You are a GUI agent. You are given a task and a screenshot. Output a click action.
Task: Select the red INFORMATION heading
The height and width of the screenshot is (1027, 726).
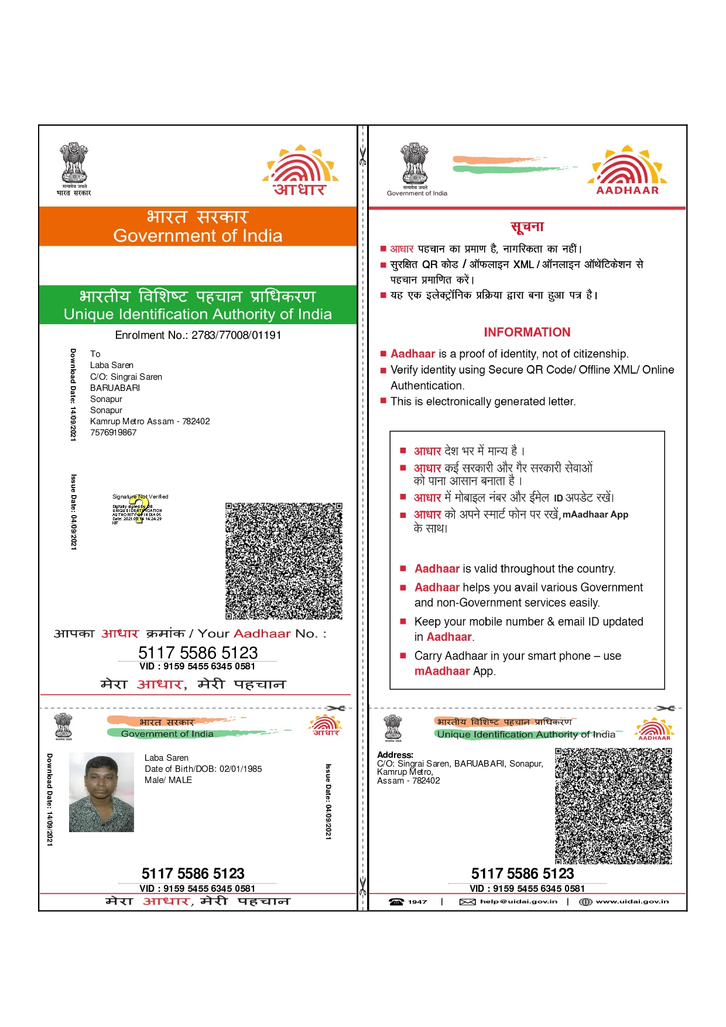527,332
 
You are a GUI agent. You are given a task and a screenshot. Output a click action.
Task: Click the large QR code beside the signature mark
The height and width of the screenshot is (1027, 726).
284,561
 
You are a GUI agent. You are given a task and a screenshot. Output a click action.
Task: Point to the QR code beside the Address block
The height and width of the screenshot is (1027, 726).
613,806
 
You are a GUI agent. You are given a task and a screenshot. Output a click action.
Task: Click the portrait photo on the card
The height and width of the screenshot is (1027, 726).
101,792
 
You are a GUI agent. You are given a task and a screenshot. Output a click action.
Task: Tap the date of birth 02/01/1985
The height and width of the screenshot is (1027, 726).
241,769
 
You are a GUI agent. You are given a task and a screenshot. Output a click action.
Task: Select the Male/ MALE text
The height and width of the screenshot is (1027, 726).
168,780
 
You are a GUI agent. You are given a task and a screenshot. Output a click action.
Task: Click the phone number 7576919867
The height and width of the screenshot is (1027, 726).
113,432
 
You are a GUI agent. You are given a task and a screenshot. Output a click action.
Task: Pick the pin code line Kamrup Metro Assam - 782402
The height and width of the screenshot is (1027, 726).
150,421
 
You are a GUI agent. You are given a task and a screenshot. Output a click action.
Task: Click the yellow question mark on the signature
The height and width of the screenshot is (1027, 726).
138,509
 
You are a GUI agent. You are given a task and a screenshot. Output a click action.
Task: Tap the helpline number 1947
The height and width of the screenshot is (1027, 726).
417,902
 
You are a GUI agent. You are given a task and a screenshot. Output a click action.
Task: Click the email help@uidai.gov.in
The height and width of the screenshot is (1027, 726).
518,902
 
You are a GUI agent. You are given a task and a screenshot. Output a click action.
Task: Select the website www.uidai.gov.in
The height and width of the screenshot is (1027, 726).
632,902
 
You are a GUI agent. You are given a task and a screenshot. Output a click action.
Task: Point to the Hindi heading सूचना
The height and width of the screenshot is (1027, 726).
527,226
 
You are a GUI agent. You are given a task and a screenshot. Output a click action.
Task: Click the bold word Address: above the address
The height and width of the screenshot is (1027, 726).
395,755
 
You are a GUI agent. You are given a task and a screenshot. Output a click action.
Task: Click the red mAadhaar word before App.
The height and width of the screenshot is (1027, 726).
442,671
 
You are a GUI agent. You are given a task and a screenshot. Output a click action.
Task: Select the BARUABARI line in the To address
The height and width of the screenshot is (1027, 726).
115,388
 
